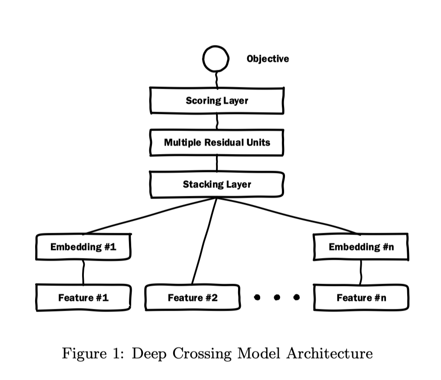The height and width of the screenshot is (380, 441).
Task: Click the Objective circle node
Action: [216, 59]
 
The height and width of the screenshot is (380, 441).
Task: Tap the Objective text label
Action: [268, 59]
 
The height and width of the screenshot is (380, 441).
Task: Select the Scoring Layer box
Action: [217, 100]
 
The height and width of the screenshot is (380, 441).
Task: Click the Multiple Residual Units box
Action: [217, 143]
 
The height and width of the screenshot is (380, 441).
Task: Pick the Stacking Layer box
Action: [217, 185]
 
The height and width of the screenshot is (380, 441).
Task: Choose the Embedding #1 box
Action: [83, 247]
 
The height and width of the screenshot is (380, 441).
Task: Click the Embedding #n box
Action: [361, 247]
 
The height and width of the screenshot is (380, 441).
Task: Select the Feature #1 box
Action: [83, 298]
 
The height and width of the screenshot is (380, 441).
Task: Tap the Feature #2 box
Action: [192, 298]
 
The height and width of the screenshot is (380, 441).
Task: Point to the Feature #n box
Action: [361, 298]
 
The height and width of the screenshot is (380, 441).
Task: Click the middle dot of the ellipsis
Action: [277, 297]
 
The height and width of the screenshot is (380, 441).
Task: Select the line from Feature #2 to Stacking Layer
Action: [204, 241]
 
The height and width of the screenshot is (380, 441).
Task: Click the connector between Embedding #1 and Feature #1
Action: [83, 272]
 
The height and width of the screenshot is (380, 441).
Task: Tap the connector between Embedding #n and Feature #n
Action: [361, 272]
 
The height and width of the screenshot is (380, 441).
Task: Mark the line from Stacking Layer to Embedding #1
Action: [151, 216]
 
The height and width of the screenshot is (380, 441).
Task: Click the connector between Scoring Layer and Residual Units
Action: [217, 121]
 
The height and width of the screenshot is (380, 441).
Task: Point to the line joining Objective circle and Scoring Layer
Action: [217, 80]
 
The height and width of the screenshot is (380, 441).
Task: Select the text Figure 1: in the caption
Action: [94, 353]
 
